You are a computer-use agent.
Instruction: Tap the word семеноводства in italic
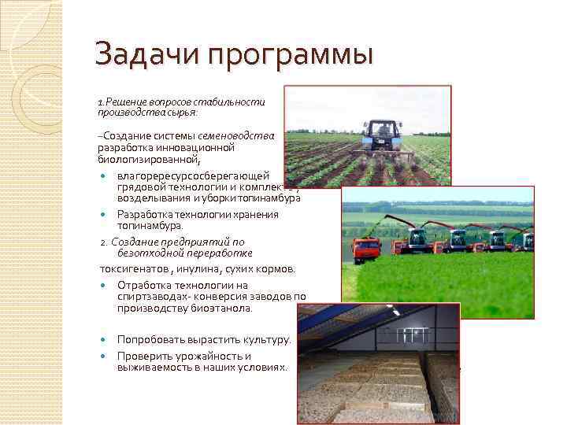click(236, 135)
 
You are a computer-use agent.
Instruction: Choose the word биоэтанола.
click(224, 309)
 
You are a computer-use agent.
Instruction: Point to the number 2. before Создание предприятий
click(103, 242)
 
